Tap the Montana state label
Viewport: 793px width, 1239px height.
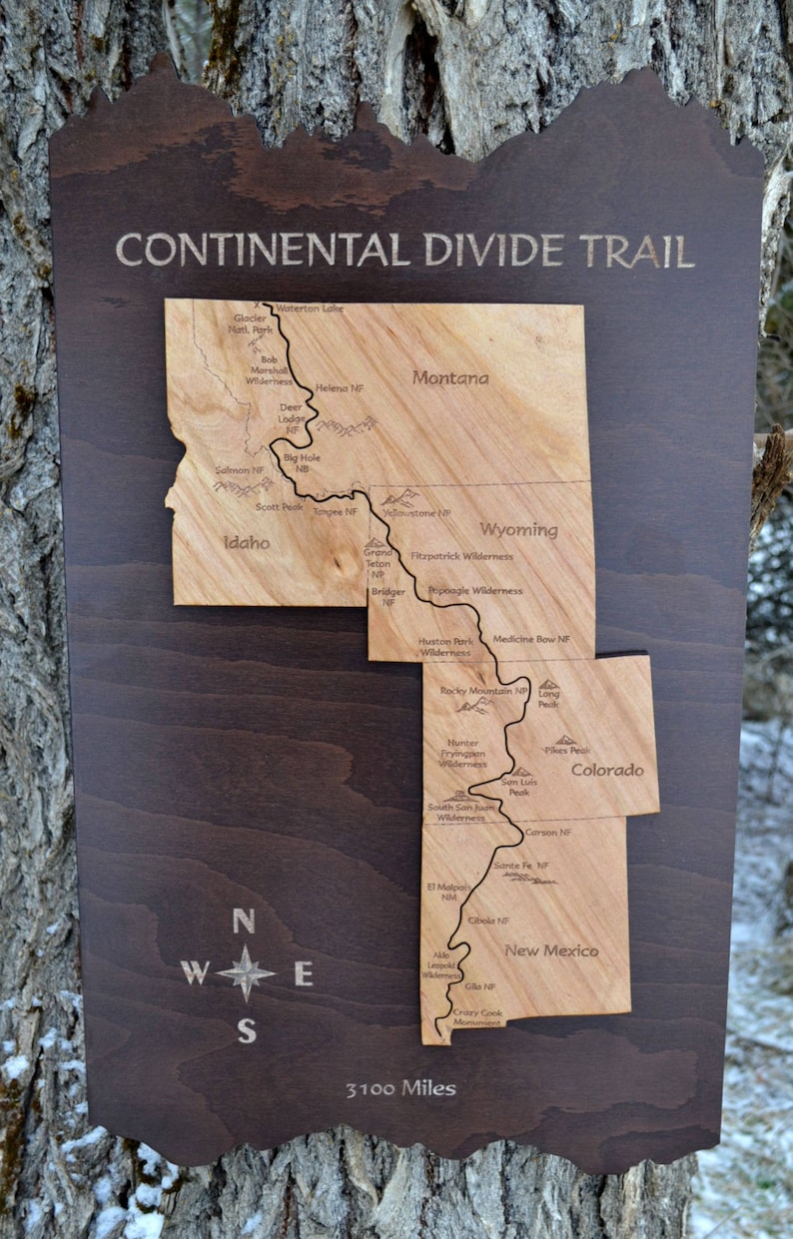(x=450, y=377)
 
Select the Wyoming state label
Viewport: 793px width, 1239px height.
(x=518, y=529)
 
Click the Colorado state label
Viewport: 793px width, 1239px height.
(x=607, y=770)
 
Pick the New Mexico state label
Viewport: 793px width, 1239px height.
(x=551, y=950)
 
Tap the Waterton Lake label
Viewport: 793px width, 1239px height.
(x=310, y=309)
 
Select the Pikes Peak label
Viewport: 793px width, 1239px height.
(x=567, y=750)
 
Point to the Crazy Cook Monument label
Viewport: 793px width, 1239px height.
(x=477, y=1017)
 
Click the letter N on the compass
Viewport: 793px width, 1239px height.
(x=243, y=921)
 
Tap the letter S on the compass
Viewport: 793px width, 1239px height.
(x=246, y=1030)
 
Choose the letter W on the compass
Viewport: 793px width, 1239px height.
(x=195, y=972)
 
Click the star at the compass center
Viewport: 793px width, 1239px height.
(x=245, y=972)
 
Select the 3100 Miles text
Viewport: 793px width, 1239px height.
(x=400, y=1088)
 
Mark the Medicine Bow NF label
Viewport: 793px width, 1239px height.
(x=531, y=639)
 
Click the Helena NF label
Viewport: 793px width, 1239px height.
(x=340, y=387)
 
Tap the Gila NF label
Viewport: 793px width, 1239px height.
(x=480, y=986)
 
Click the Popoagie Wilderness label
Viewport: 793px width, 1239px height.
(x=474, y=591)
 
